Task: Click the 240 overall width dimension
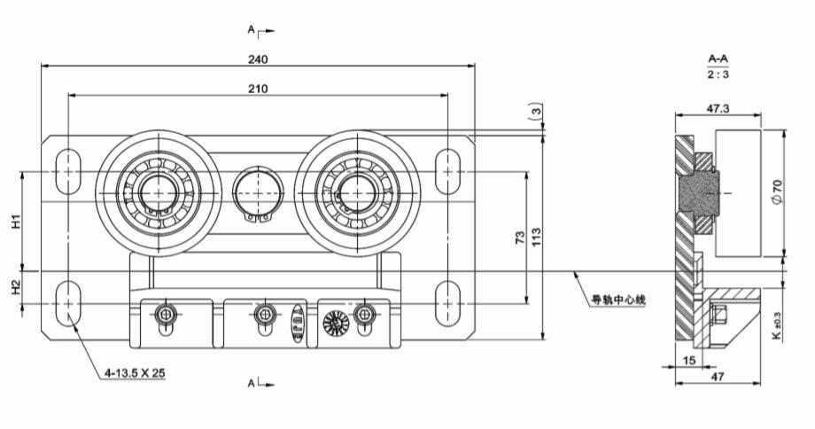click(x=258, y=58)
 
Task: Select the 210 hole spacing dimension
click(x=258, y=88)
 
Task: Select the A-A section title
click(x=718, y=58)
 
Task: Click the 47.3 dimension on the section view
click(x=718, y=108)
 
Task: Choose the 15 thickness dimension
click(x=689, y=361)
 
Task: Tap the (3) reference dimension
click(x=534, y=113)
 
